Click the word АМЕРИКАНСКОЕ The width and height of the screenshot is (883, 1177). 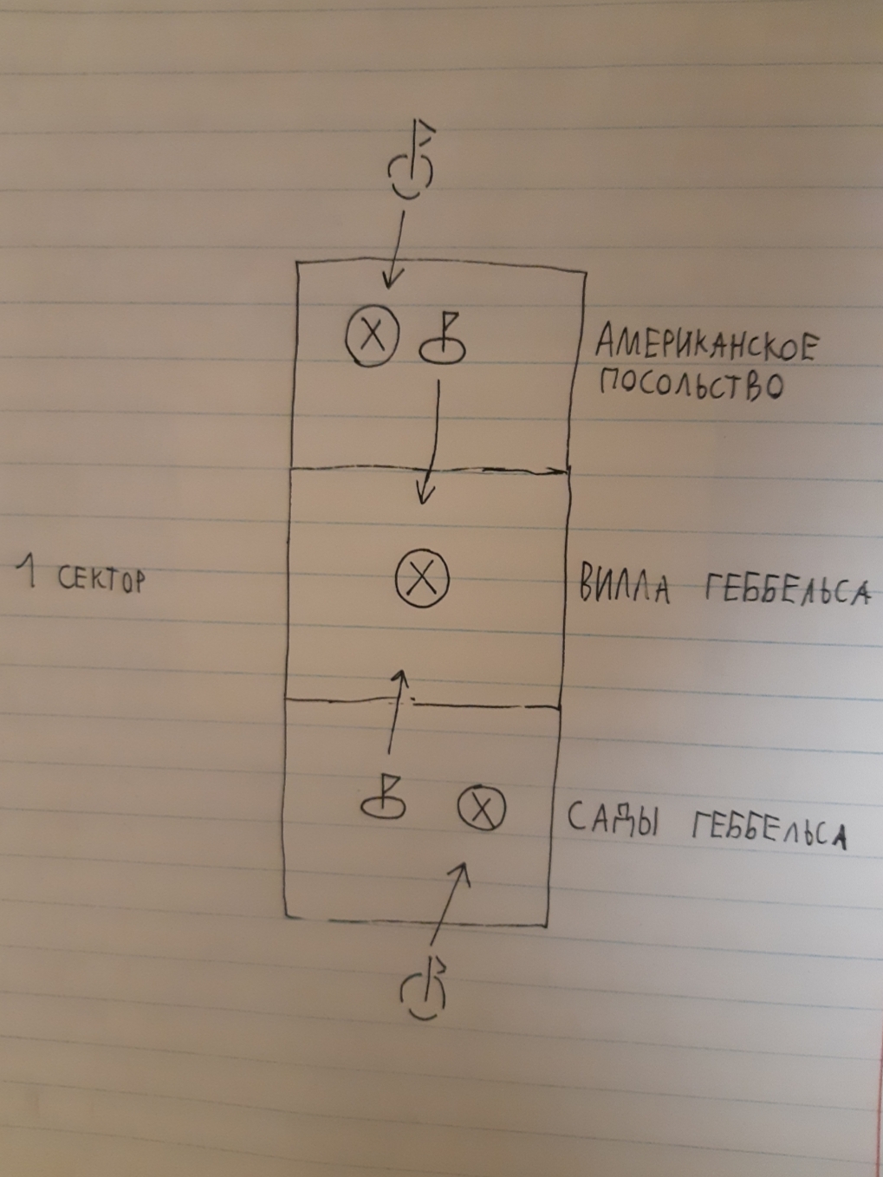coord(705,344)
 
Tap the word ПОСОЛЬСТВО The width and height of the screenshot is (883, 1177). coord(691,384)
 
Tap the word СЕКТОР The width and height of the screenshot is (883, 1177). coord(101,579)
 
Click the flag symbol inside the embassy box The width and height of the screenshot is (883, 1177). coord(443,340)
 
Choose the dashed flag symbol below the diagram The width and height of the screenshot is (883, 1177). coord(425,988)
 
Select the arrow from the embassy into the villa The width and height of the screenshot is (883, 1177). coord(430,442)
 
